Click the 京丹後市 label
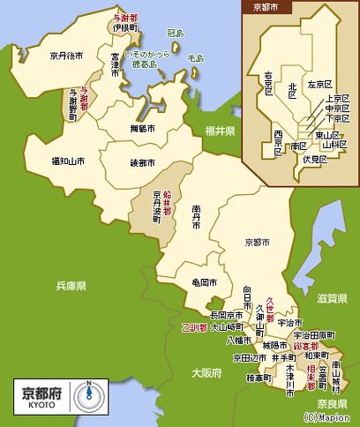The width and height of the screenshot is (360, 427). pyautogui.click(x=67, y=56)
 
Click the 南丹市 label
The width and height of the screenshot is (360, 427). pyautogui.click(x=196, y=221)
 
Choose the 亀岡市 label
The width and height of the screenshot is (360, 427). pyautogui.click(x=192, y=283)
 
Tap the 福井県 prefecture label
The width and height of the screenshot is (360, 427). pyautogui.click(x=219, y=131)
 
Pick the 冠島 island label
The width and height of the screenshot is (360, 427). pyautogui.click(x=175, y=34)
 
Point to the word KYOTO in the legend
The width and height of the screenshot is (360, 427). pyautogui.click(x=41, y=403)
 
